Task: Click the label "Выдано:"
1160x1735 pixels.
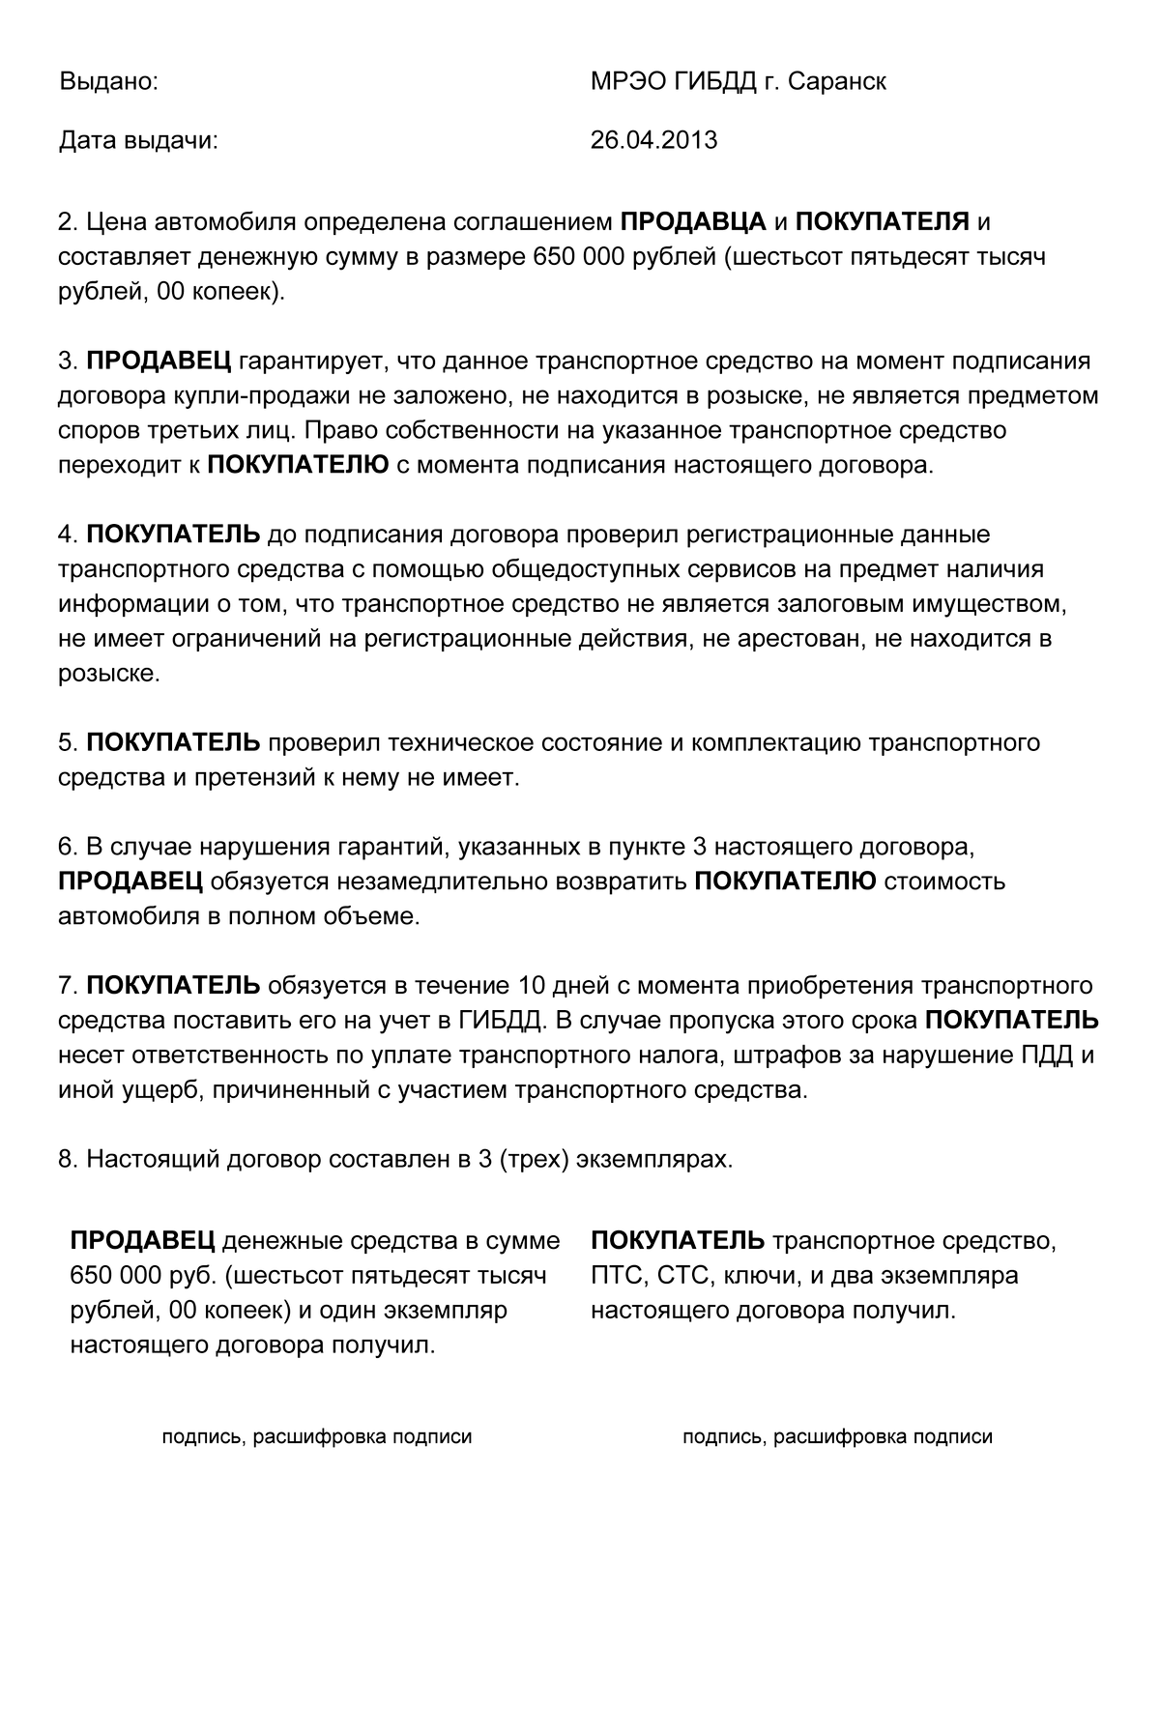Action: tap(108, 82)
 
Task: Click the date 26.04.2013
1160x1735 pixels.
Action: tap(653, 140)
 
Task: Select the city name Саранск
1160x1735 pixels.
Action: tap(837, 82)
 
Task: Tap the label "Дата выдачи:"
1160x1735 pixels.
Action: tap(139, 140)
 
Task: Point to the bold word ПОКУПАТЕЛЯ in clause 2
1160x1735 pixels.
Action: tap(883, 222)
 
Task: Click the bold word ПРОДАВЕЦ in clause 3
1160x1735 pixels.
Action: tap(159, 361)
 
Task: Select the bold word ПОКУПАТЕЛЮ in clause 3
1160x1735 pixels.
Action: tap(298, 465)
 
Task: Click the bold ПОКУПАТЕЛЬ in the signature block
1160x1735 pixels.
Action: tap(677, 1241)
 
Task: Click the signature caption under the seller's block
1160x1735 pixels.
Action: tap(317, 1437)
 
